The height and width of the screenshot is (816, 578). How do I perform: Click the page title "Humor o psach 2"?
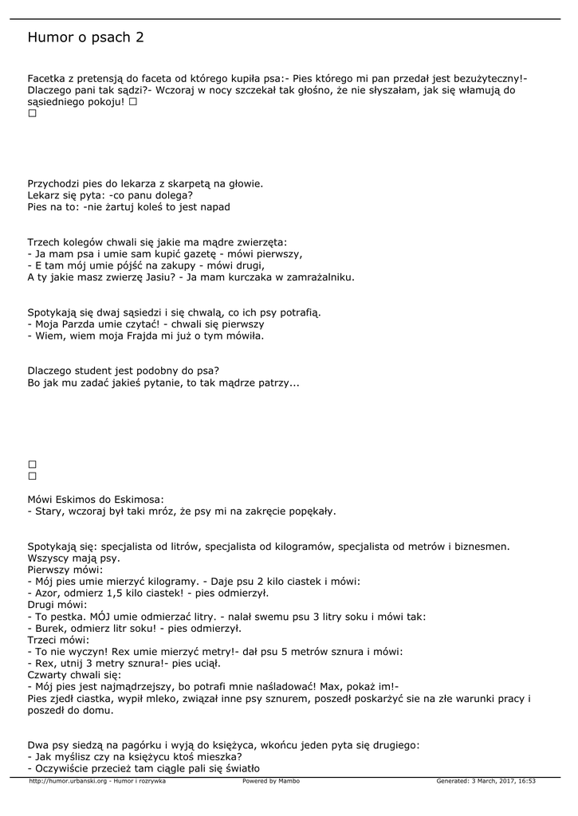coord(85,37)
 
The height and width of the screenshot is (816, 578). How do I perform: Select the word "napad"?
coord(215,206)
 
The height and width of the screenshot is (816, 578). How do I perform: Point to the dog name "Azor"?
coord(46,593)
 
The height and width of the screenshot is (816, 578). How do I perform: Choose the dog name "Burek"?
coord(49,628)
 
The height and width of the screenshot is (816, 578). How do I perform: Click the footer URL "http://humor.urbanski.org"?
coord(69,781)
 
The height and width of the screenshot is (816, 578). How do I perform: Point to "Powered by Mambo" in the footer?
coord(271,781)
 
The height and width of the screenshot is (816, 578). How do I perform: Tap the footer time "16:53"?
coord(527,781)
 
